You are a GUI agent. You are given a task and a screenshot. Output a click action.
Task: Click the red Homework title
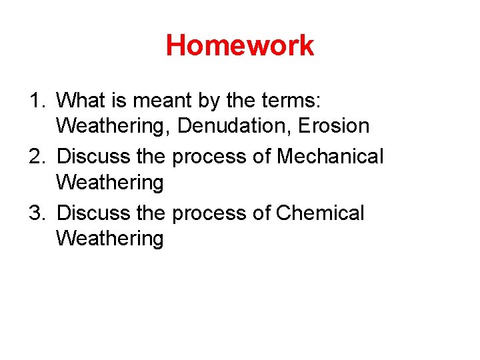click(x=240, y=46)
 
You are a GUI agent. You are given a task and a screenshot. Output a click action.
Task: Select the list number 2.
click(x=37, y=157)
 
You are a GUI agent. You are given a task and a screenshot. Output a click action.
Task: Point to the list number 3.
click(x=37, y=213)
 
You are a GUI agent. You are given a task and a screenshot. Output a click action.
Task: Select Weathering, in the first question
click(x=113, y=126)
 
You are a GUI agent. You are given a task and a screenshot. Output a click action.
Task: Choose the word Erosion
click(x=329, y=126)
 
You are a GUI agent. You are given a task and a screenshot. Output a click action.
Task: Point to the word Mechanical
click(x=330, y=157)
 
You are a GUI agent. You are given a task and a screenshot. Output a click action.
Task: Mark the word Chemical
click(x=320, y=213)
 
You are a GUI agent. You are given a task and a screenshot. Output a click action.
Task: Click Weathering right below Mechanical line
click(x=109, y=182)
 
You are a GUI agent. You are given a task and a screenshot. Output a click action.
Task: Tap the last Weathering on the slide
click(x=109, y=238)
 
